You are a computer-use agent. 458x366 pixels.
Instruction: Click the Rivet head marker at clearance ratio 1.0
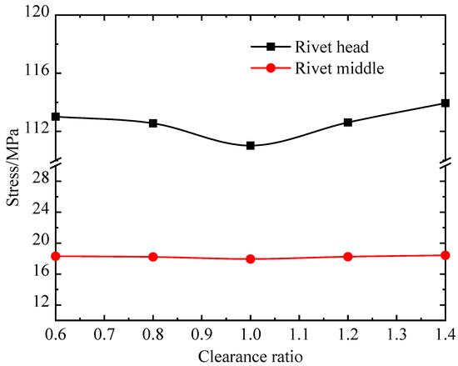coord(251,146)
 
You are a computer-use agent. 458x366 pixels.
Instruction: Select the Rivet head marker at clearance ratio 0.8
coord(153,123)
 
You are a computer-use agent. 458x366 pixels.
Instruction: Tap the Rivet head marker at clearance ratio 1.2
coord(348,123)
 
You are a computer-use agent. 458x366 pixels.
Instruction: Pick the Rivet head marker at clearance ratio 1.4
coord(446,103)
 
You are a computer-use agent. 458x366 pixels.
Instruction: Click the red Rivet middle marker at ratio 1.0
coord(251,259)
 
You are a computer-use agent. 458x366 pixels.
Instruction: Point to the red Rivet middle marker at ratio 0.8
coord(153,257)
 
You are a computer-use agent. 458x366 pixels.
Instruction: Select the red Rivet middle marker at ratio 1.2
coord(348,257)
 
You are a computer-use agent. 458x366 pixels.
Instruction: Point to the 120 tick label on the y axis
coord(35,15)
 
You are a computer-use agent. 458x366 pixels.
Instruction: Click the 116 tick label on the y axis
coord(35,73)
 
